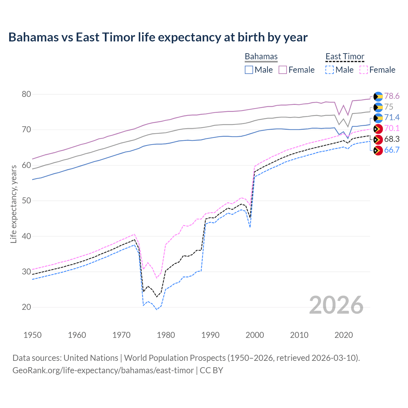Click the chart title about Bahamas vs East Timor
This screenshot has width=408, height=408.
pos(158,37)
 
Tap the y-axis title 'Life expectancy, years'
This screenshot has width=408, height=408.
pos(13,204)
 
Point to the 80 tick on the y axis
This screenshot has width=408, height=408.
pos(26,94)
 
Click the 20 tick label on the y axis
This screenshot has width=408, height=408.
pos(26,307)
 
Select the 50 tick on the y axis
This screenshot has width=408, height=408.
pos(26,200)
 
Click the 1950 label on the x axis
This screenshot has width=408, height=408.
pos(33,335)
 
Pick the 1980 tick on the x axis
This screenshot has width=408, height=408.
pos(166,335)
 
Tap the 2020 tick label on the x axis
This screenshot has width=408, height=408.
pos(344,335)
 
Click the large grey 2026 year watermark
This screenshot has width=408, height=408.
pos(336,305)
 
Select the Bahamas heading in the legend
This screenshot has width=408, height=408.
pos(261,56)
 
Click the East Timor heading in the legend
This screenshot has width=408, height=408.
pos(345,56)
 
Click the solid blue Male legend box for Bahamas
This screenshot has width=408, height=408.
pos(249,70)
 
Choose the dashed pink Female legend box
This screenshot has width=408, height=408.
pos(363,70)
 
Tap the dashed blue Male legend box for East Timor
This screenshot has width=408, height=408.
pos(330,70)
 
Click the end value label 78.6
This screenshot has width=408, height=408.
pos(392,96)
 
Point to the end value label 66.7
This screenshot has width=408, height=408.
pos(392,150)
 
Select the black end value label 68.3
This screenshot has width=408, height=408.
pos(392,139)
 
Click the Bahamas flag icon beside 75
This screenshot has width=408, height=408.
pos(378,107)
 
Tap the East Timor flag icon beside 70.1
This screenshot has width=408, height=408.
pos(378,129)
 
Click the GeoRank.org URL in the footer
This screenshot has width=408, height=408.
pos(103,370)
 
